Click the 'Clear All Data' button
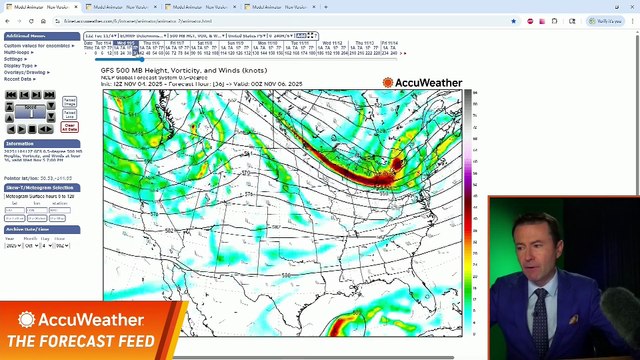69,126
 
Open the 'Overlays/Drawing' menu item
27,72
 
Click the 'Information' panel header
21,144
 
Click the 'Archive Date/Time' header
29,229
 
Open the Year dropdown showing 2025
11,246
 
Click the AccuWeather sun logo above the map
388,82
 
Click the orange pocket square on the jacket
574,319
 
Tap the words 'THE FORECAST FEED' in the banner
81,342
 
